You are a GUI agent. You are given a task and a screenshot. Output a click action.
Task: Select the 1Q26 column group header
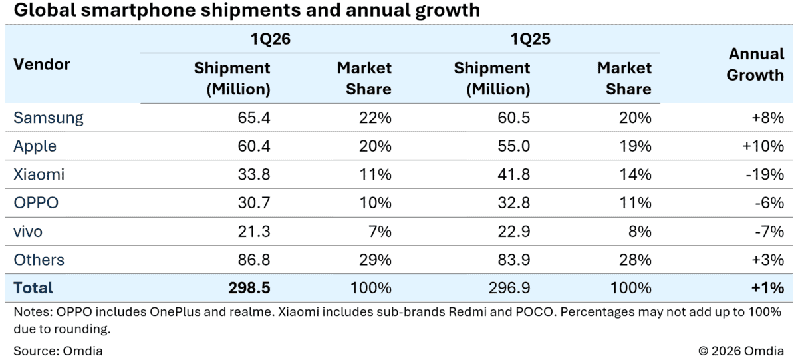[269, 40]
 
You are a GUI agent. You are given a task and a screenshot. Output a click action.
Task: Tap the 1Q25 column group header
[530, 40]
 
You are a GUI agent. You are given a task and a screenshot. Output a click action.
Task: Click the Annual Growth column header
[755, 65]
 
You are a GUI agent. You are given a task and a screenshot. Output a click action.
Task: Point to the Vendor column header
[42, 65]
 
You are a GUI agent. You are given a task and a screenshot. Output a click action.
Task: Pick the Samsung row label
[49, 118]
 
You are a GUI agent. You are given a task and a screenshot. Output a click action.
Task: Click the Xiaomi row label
[39, 175]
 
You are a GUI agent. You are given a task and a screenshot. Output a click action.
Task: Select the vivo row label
[28, 232]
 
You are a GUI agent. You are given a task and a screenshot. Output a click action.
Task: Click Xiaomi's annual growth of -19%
[767, 175]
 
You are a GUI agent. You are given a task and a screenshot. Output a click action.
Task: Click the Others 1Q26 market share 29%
[375, 260]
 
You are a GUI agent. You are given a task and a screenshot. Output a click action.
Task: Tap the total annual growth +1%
[769, 288]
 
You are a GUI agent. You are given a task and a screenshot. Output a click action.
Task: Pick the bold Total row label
[33, 288]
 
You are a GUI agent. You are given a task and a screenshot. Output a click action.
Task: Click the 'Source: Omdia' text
[58, 350]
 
